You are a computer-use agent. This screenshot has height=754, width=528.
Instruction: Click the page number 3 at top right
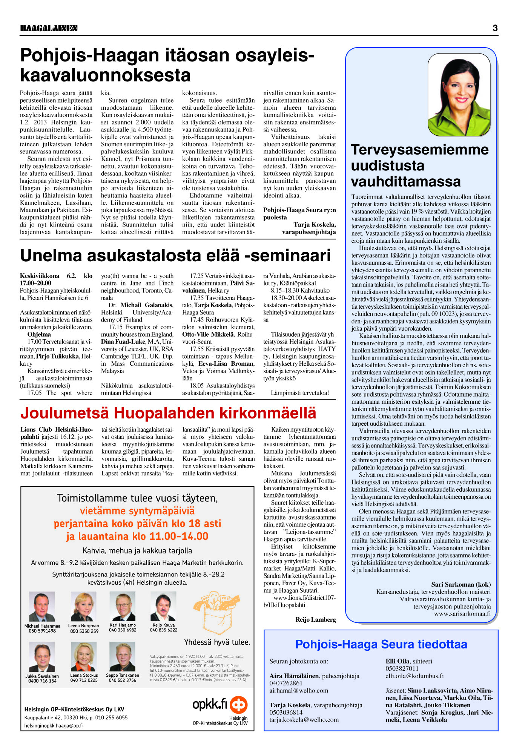pos(495,28)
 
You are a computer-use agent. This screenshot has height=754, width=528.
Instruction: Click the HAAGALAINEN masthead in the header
pos(49,28)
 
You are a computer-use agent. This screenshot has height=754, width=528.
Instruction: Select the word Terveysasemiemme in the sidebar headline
pos(419,150)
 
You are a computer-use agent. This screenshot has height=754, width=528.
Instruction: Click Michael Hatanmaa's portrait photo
pos(42,607)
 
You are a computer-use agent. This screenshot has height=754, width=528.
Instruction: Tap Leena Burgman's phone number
pos(84,631)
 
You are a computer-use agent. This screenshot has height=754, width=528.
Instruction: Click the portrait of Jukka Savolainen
pos(42,656)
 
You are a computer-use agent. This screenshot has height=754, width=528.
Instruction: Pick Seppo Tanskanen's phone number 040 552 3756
pos(123,680)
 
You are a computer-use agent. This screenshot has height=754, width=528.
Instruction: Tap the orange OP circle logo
pos(239,704)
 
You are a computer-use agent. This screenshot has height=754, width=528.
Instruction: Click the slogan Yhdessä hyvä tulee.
pos(217,642)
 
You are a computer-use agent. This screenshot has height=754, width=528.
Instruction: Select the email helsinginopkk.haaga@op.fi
pos(53,725)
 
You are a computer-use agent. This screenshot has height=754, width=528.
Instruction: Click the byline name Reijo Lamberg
pos(315,619)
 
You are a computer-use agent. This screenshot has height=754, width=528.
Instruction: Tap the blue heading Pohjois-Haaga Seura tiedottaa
pos(381,644)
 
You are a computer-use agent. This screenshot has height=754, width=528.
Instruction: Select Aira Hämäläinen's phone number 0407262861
pos(286,683)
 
